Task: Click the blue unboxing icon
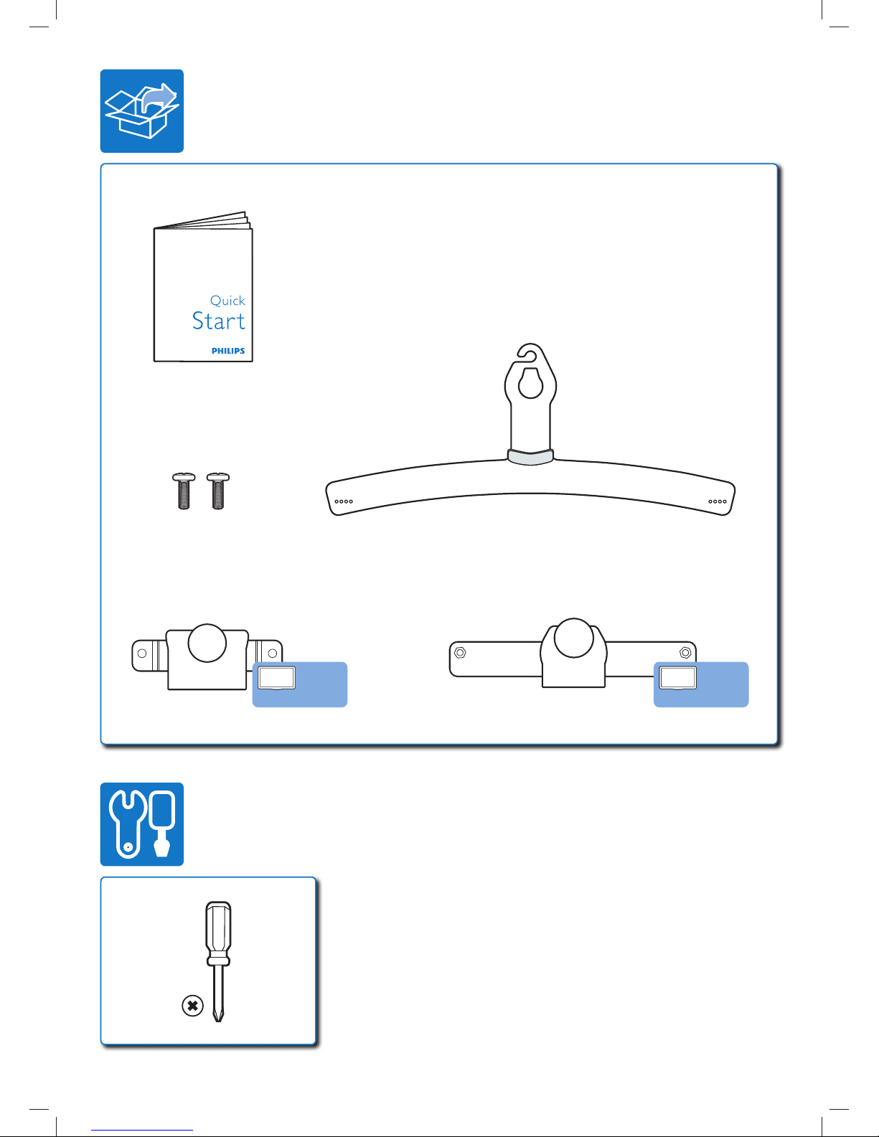click(142, 111)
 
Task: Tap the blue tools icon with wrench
click(142, 824)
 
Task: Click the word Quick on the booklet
click(227, 301)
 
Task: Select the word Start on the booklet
click(218, 321)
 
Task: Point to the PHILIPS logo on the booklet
click(228, 351)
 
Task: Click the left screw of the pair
click(184, 491)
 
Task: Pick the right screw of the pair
click(218, 491)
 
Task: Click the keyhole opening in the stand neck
click(530, 383)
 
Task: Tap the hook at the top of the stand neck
click(527, 352)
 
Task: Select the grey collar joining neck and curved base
click(530, 456)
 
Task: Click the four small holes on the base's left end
click(344, 501)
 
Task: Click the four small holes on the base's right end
click(718, 501)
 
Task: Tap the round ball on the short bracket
click(207, 643)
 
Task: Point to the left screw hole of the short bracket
click(142, 653)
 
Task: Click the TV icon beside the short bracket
click(277, 678)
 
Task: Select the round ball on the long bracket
click(573, 637)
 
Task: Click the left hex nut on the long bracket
click(460, 653)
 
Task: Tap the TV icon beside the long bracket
click(677, 678)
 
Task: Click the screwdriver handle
click(218, 933)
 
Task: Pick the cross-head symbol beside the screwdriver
click(192, 1006)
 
